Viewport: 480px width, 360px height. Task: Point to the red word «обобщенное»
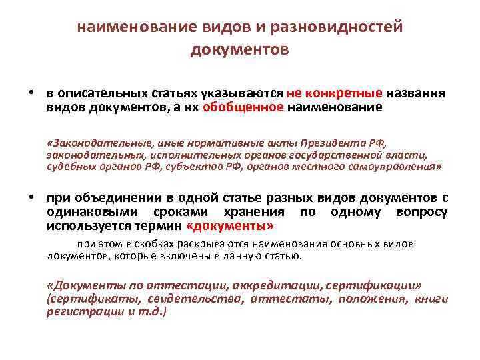tap(243, 107)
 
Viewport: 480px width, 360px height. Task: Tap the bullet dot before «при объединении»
tap(32, 197)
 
